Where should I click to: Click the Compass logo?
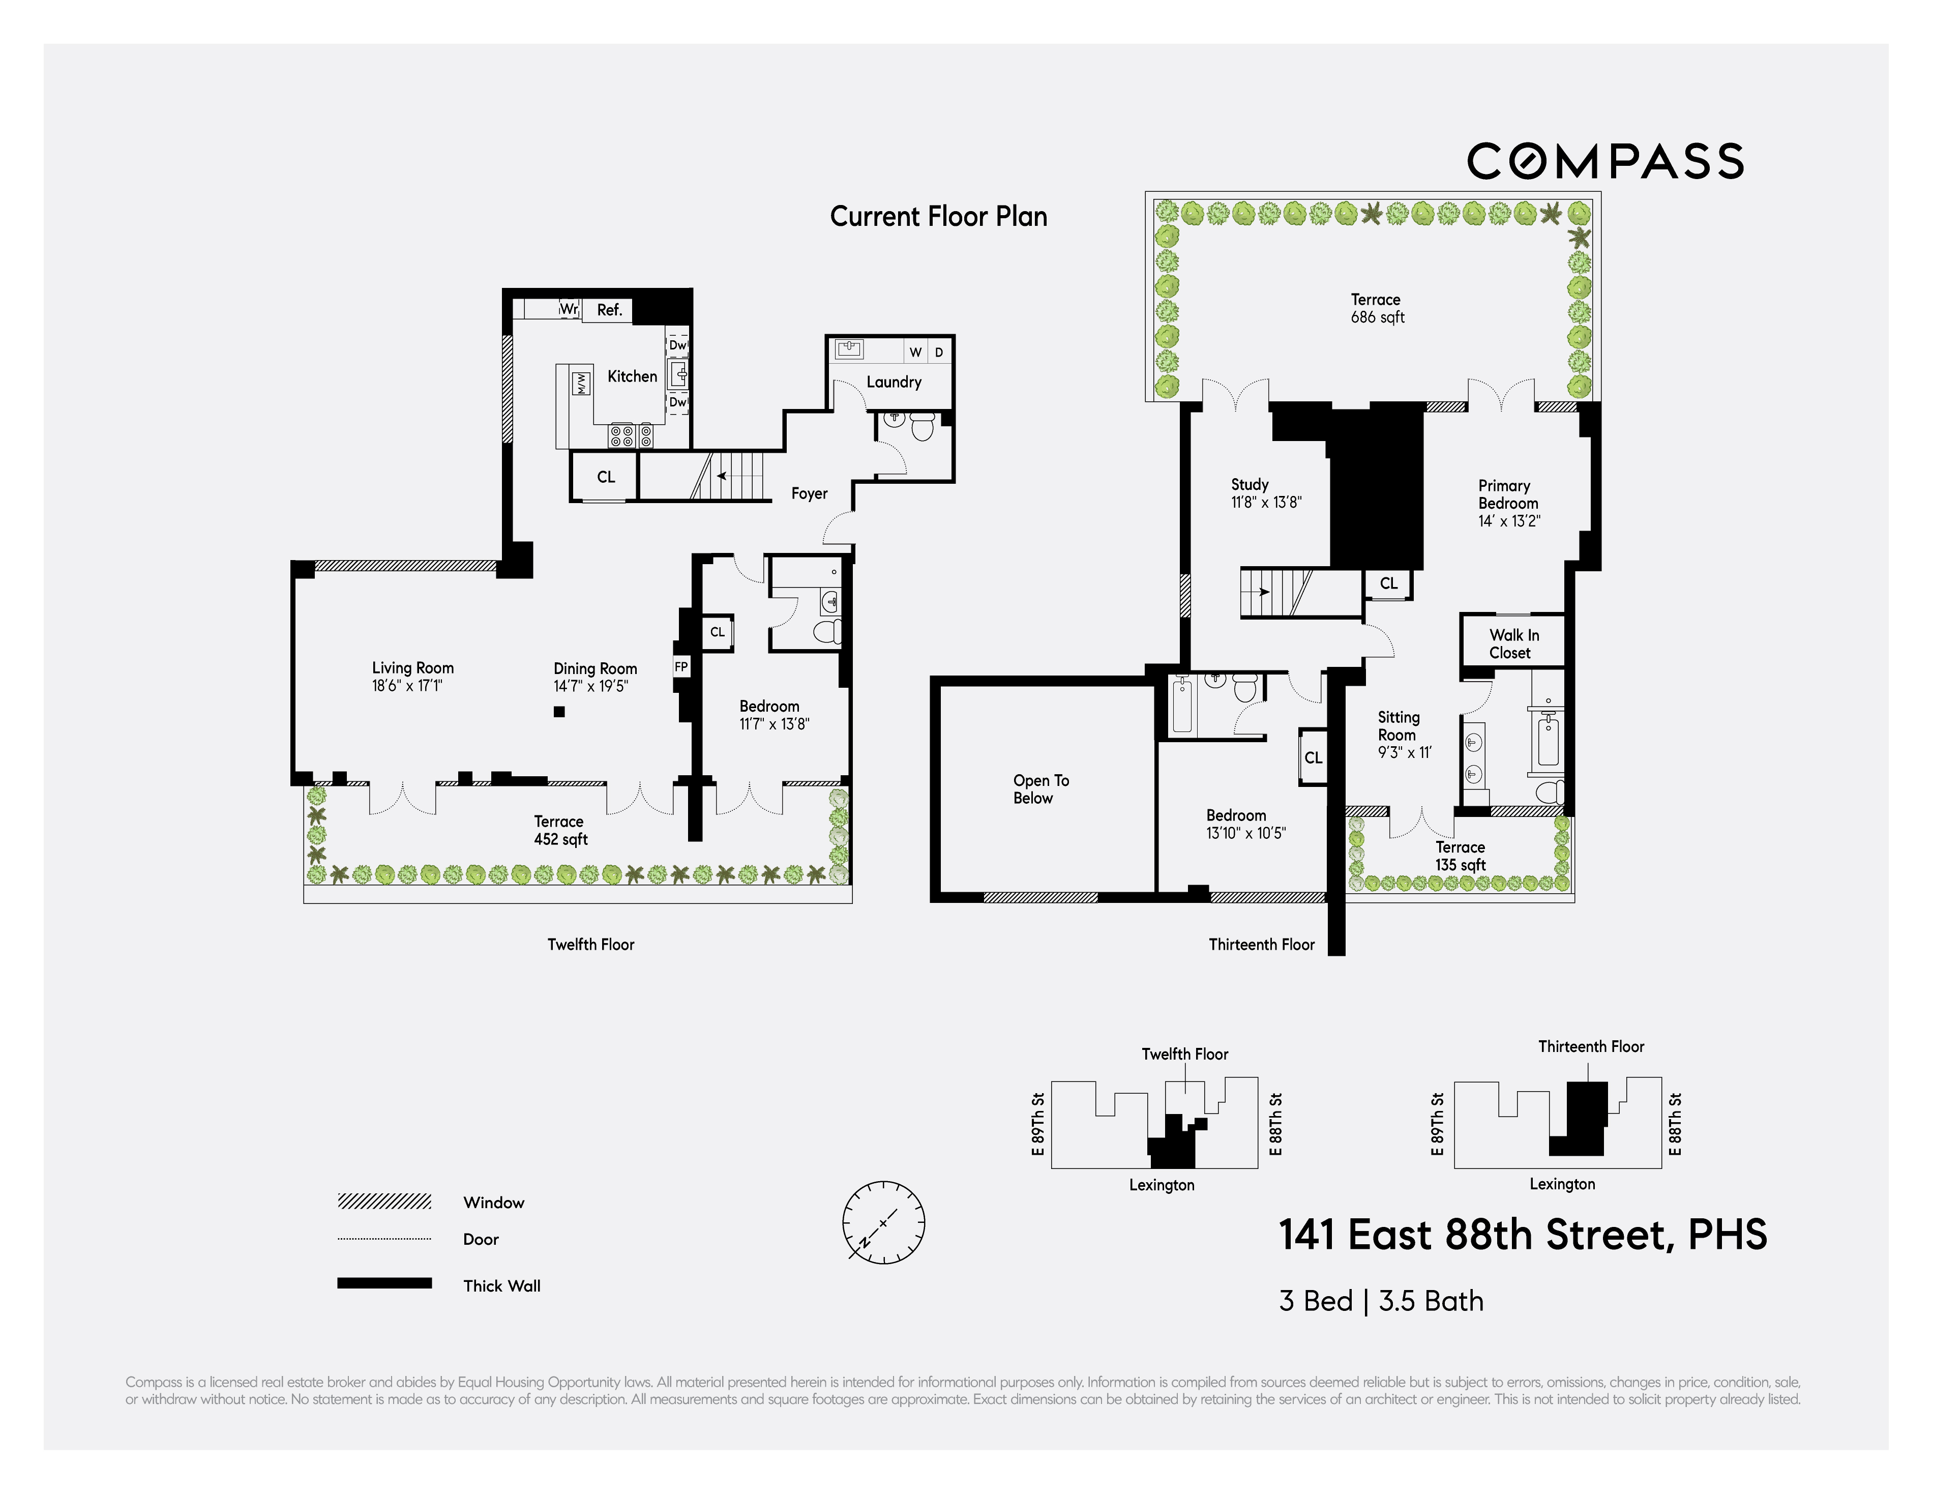coord(1604,161)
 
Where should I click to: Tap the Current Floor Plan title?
coord(938,217)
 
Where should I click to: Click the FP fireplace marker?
coord(680,667)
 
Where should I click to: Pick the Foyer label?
coord(809,493)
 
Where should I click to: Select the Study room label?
coord(1250,484)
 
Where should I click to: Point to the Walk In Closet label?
coord(1513,644)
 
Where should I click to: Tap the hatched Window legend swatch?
coord(384,1202)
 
